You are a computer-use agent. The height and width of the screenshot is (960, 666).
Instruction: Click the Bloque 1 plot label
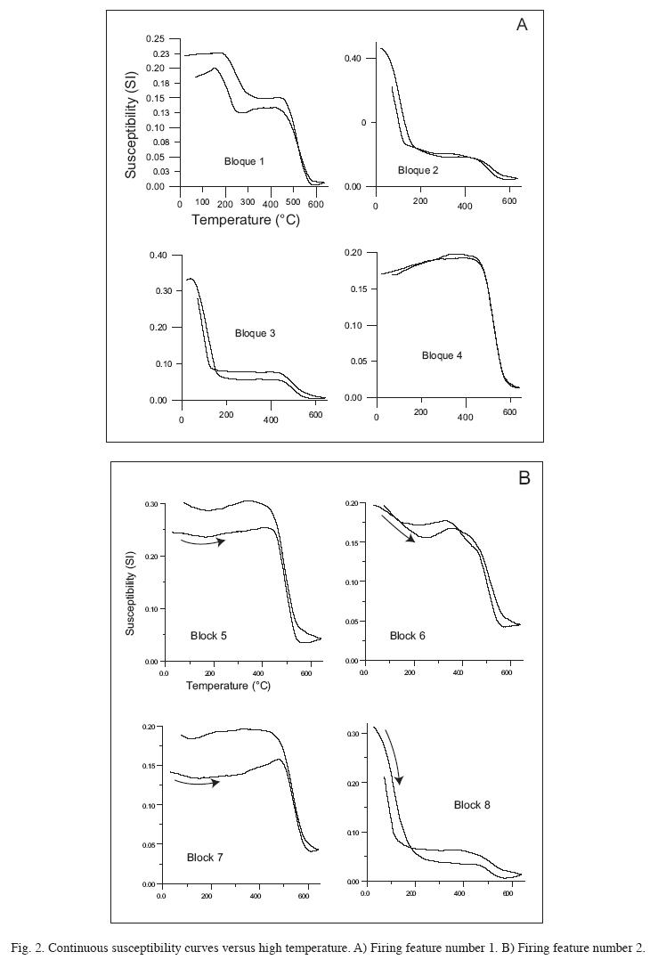[x=244, y=161]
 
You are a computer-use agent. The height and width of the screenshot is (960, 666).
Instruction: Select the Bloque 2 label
[x=418, y=170]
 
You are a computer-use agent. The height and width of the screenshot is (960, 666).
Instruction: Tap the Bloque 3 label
[x=255, y=333]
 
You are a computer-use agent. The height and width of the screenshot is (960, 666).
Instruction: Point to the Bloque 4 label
[x=442, y=355]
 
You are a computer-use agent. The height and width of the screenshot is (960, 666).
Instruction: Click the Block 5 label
[x=208, y=636]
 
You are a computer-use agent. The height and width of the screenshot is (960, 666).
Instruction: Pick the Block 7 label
[x=205, y=858]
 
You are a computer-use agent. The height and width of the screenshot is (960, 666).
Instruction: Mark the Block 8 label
[x=472, y=805]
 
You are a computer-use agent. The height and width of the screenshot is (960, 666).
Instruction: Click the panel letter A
[x=522, y=25]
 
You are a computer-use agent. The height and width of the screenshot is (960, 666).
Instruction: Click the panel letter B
[x=524, y=478]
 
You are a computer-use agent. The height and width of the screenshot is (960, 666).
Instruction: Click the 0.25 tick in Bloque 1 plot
[x=156, y=39]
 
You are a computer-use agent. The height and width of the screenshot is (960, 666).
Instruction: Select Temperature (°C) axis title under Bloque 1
[x=246, y=220]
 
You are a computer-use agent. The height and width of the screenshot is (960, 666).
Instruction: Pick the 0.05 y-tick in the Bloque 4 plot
[x=355, y=362]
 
